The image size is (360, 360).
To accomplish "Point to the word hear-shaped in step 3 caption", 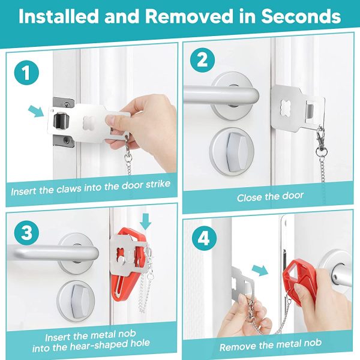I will (x=98, y=343).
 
